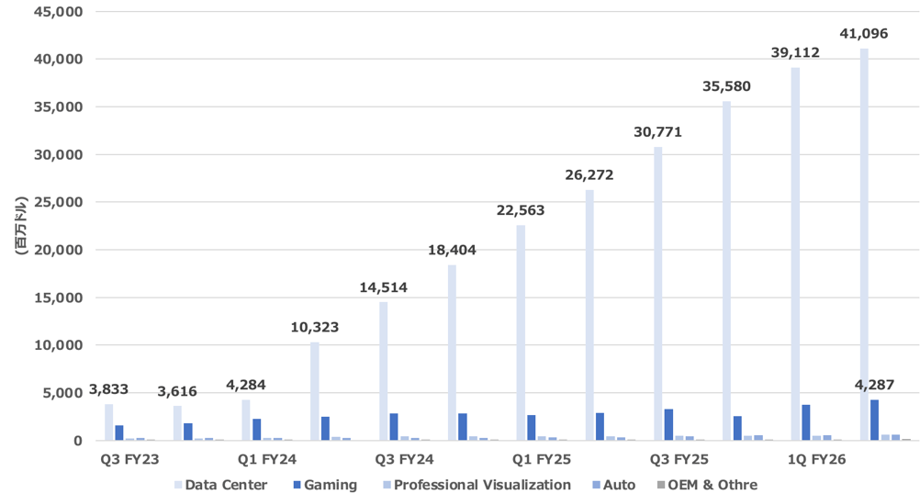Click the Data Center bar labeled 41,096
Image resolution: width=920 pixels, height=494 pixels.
[x=864, y=244]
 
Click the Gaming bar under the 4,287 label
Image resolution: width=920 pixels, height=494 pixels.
[x=875, y=420]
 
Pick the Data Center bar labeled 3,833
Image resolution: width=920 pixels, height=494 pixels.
[x=109, y=422]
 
